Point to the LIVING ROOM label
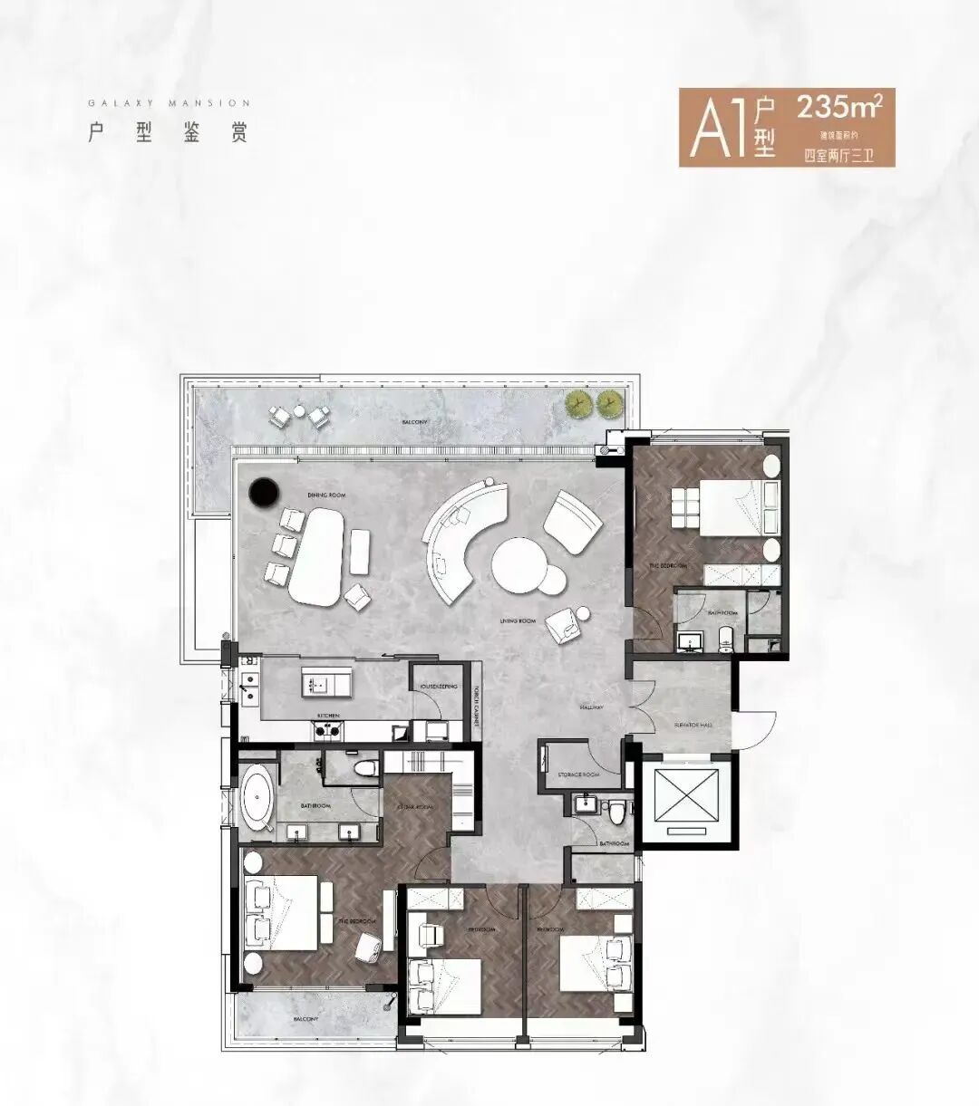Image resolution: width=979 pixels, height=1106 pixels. point(517,620)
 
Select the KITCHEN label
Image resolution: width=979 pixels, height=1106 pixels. point(328,715)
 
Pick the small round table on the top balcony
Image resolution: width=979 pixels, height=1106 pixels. point(298,411)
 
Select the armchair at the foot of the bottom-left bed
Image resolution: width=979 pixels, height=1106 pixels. point(369,947)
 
